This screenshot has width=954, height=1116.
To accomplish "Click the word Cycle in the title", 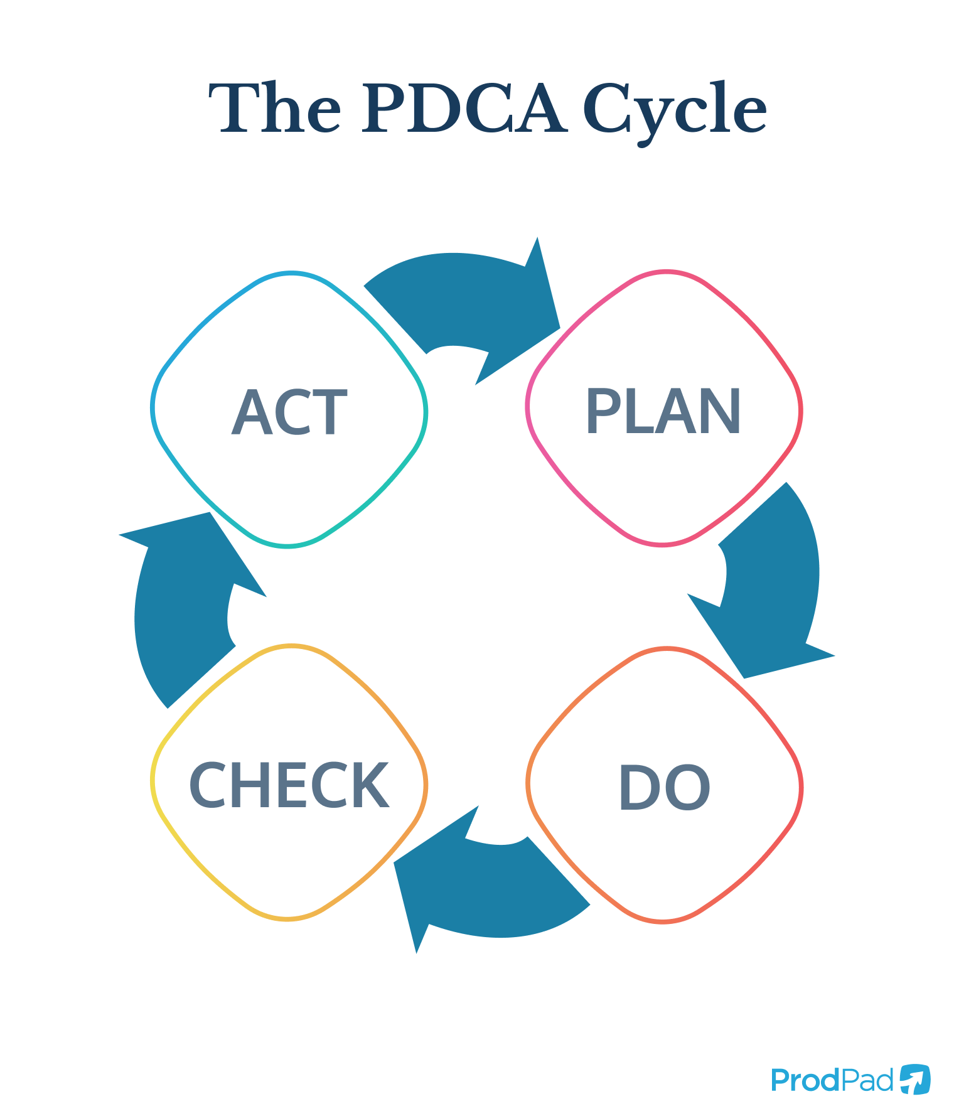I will coord(675,110).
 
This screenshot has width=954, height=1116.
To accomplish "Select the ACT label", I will coord(289,412).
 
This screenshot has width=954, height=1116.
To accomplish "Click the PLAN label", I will coord(663,412).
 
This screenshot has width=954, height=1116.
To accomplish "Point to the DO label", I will coord(664,787).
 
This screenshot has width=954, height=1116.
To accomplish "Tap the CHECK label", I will coord(289,785).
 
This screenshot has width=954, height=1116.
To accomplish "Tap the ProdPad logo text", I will coord(832,1080).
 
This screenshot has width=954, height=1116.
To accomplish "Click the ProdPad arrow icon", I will coord(915,1079).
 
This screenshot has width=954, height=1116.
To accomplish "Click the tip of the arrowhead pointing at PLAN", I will coord(559,328).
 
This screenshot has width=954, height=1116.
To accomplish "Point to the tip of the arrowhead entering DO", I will coord(744,678).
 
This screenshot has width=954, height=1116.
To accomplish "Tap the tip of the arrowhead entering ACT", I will coord(210,513).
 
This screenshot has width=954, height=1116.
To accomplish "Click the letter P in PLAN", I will coord(601,412).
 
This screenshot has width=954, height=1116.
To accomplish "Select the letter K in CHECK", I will coord(370,785).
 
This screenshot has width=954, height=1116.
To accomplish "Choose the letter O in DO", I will coord(689,787).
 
